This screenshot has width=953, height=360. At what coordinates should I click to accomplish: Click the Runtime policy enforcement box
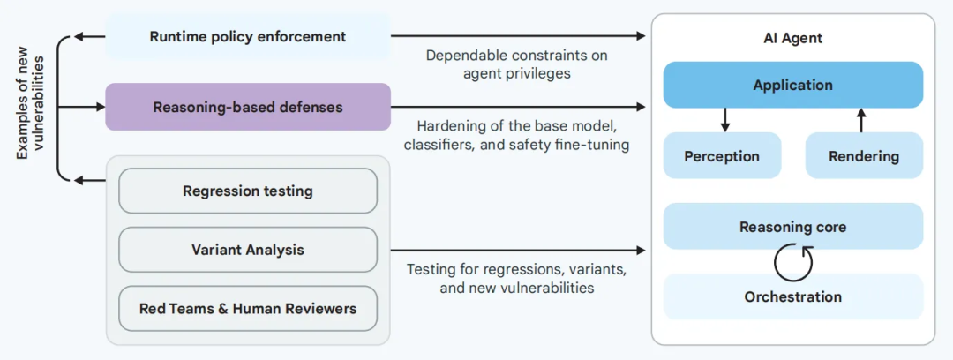point(248,36)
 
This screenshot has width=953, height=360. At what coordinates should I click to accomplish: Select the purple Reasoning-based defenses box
point(248,107)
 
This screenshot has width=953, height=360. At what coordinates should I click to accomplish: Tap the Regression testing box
point(248,191)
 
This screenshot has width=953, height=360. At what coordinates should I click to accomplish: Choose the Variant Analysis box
point(248,250)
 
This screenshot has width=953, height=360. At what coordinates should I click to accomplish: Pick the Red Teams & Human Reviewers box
point(248,309)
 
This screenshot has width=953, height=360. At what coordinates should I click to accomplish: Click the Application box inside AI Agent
point(792,86)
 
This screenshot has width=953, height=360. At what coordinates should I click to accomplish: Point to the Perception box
point(722,156)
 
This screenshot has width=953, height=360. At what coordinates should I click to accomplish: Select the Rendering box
point(864,156)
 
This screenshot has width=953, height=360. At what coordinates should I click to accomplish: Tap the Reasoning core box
point(792,227)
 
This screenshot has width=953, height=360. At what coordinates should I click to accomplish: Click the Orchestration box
point(792,296)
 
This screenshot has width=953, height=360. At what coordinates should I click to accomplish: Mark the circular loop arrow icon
point(792,262)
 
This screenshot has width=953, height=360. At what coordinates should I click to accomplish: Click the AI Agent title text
point(792,39)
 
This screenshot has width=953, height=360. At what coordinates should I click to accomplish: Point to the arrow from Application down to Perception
point(724,120)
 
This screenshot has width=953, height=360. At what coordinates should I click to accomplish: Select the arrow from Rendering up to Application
point(862,120)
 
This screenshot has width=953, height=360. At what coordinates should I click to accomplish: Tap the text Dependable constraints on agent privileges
point(516,64)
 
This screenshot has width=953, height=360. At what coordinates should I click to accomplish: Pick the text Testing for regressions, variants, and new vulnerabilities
point(517,278)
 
